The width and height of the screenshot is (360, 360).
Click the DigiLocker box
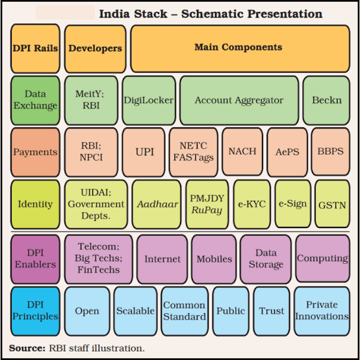[x=149, y=101]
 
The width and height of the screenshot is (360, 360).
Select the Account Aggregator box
[x=239, y=101]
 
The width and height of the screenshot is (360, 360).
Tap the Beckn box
[x=326, y=101]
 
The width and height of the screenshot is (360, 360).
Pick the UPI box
[x=144, y=152]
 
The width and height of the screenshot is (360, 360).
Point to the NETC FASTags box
[x=194, y=152]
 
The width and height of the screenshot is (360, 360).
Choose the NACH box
[x=242, y=152]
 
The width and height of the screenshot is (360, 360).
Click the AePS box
[x=287, y=152]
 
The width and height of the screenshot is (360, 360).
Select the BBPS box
[x=331, y=152]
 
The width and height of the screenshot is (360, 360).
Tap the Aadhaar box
[x=157, y=204]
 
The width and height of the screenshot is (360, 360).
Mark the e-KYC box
[x=252, y=204]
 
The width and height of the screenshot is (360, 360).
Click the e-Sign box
[x=292, y=204]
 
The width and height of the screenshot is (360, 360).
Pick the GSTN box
[x=333, y=204]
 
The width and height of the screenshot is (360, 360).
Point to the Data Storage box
[x=266, y=259]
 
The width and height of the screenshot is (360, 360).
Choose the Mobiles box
[x=214, y=259]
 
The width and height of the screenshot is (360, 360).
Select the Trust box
[x=272, y=311]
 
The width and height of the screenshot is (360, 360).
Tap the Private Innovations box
[x=322, y=311]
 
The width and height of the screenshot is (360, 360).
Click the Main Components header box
[x=240, y=49]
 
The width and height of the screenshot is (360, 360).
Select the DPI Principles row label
[x=35, y=311]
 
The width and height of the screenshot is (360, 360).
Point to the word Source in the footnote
[x=27, y=348]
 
